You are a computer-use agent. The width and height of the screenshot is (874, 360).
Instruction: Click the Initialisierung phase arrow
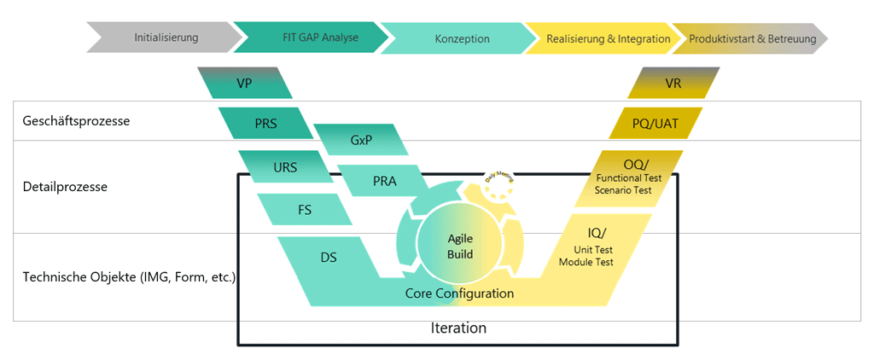click(166, 38)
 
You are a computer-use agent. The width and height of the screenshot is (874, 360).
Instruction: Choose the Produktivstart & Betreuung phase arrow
click(751, 38)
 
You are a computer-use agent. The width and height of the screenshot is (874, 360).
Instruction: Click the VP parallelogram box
click(244, 84)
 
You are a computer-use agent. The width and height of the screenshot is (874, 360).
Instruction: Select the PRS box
click(265, 123)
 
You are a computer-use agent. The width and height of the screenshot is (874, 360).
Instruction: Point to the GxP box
click(360, 140)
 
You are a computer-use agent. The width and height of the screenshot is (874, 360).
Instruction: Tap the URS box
click(285, 167)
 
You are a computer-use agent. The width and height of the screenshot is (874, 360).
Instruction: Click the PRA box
click(384, 181)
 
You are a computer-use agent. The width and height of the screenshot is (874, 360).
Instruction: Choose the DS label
click(328, 257)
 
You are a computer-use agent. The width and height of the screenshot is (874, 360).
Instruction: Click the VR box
click(673, 84)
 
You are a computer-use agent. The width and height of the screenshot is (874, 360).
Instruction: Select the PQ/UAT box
click(655, 123)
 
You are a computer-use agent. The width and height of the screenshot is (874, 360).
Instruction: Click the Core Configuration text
click(459, 293)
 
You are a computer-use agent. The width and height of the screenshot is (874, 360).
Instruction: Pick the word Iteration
click(459, 328)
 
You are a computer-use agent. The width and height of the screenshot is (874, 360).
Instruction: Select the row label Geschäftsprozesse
click(76, 121)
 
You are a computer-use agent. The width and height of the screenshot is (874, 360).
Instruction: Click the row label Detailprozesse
click(65, 186)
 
